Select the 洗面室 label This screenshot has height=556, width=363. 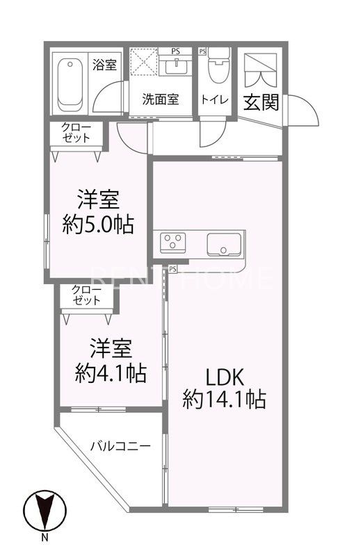click(x=161, y=99)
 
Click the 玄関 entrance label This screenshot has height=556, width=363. click(x=261, y=102)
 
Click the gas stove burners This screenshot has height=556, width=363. click(x=172, y=243)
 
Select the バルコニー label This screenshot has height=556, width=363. click(x=120, y=445)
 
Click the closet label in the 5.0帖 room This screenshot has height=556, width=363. click(x=76, y=132)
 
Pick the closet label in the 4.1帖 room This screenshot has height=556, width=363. click(x=87, y=295)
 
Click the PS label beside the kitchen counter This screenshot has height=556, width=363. click(x=172, y=268)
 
